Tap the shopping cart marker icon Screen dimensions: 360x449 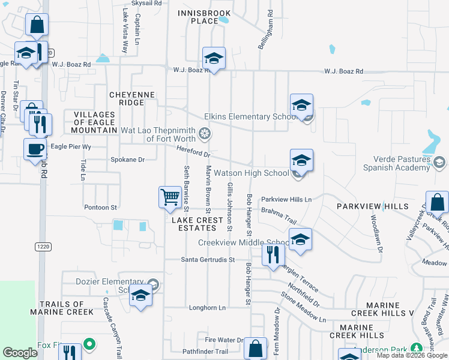coord(170,197)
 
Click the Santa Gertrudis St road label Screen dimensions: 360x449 coord(207,260)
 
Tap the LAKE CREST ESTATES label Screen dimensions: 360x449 coord(193,224)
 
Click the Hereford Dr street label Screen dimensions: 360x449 coord(193,151)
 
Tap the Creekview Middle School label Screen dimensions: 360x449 coord(244,243)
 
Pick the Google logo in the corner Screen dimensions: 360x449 coord(20,353)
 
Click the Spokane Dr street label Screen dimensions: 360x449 coord(128,160)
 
